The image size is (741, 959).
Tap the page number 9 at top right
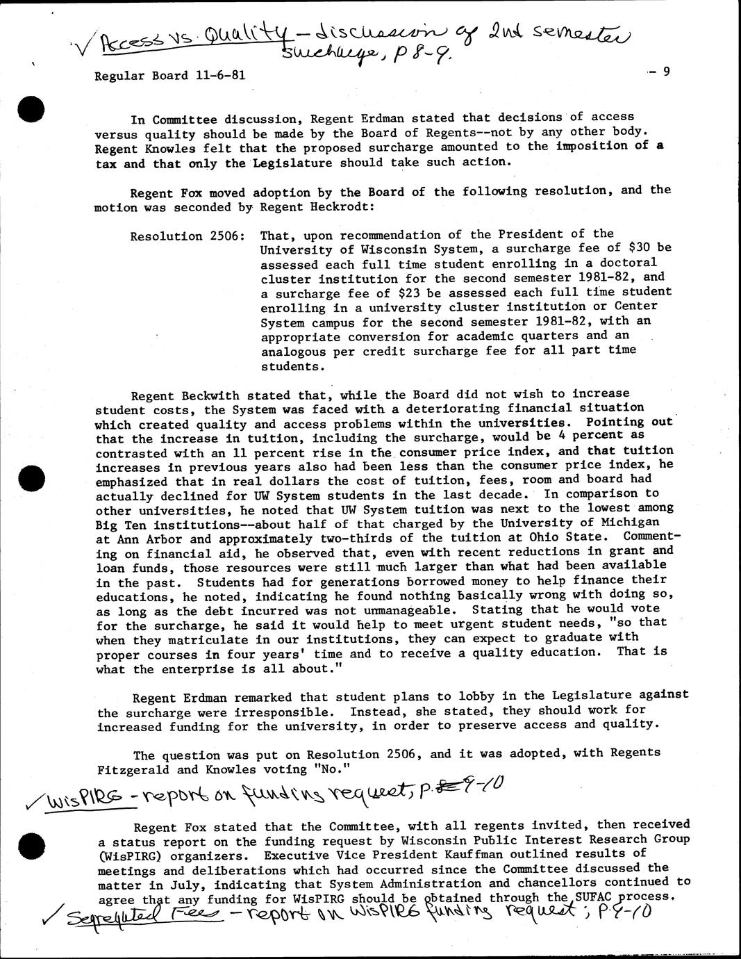click(x=665, y=70)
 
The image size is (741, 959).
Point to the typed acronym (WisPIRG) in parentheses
click(x=129, y=855)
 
